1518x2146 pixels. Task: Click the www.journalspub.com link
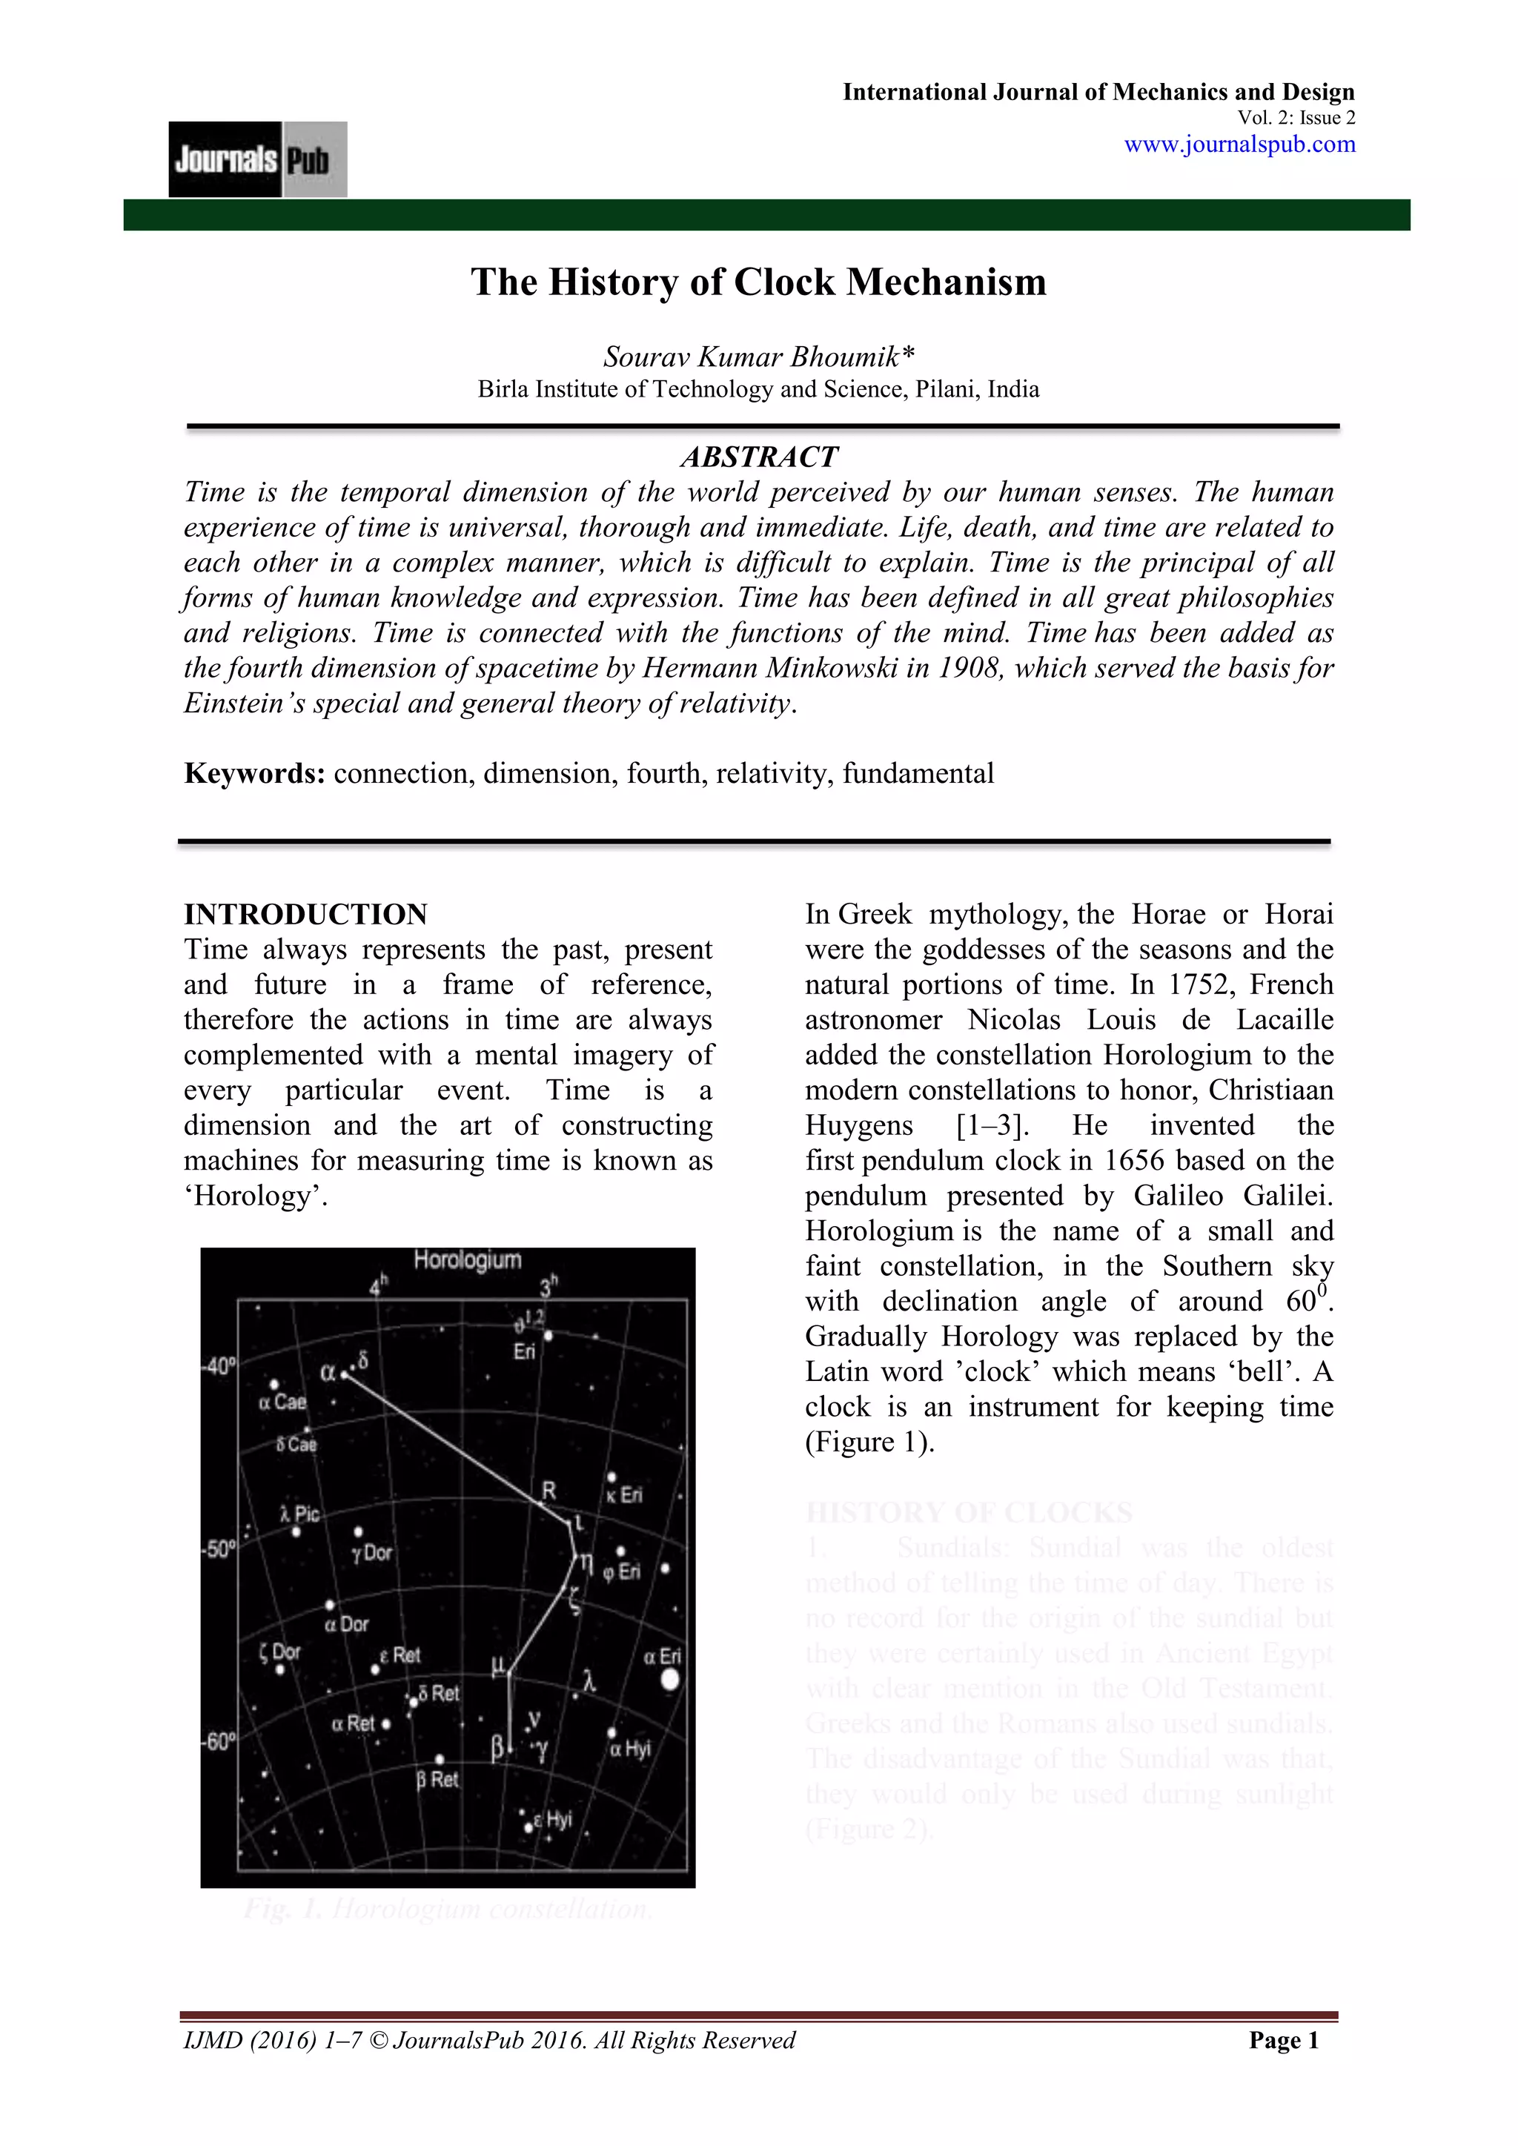coord(1239,145)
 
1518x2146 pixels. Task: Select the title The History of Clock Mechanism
coord(758,282)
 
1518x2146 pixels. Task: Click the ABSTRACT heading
coord(758,457)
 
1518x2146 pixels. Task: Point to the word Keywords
coord(253,774)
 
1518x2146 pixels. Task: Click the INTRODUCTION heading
coord(305,914)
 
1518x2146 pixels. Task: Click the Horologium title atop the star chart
coord(468,1260)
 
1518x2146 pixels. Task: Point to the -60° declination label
coord(219,1742)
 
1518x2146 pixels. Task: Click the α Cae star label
coord(282,1401)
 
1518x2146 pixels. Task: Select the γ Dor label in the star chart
coord(372,1552)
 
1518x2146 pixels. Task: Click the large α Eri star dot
coord(669,1680)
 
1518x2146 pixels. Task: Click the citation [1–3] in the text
coord(992,1125)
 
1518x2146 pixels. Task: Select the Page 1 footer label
coord(1283,2041)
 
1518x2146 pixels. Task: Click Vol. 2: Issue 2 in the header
coord(1296,118)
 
